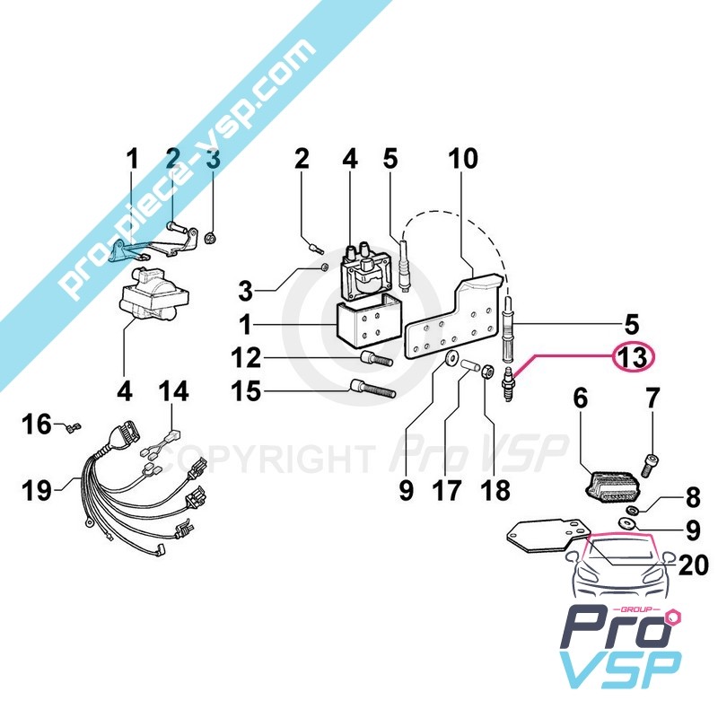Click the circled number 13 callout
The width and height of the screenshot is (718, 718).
point(635,356)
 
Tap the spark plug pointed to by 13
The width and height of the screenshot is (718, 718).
point(508,385)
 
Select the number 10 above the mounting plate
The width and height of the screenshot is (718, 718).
point(463,159)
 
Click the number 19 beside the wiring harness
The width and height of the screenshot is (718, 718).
point(37,490)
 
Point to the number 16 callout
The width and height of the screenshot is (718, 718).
point(37,424)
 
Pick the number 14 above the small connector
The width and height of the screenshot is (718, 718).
point(173,391)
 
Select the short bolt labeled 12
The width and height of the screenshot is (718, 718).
point(377,357)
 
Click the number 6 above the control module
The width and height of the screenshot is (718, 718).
point(581,398)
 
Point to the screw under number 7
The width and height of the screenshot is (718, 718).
point(652,465)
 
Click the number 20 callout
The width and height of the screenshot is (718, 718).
point(694,565)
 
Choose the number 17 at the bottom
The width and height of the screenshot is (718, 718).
point(447,490)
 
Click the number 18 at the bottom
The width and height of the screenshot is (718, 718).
point(495,490)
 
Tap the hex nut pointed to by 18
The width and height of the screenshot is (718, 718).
point(487,370)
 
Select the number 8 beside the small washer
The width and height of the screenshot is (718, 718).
point(693,497)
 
